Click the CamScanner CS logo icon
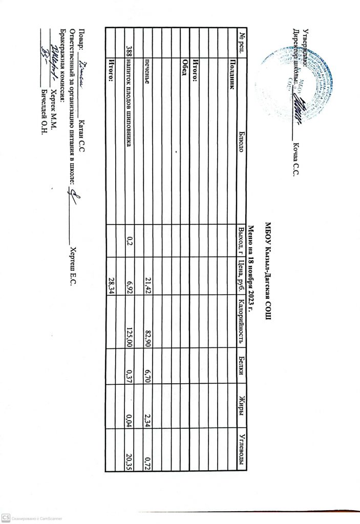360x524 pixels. pos(5,518)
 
